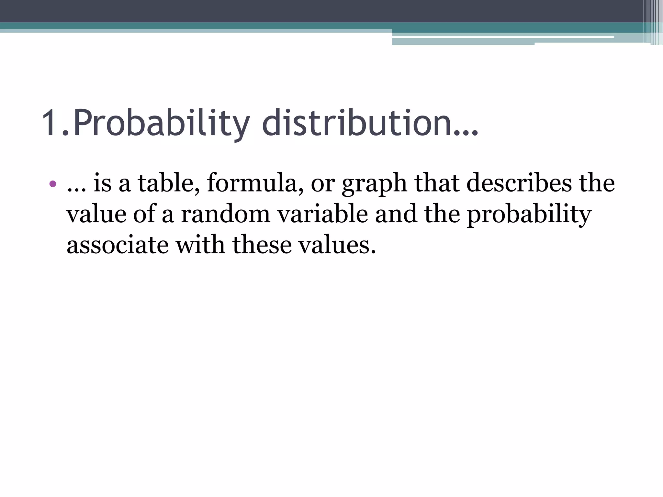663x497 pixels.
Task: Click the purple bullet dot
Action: [53, 184]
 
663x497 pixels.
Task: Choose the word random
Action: [225, 214]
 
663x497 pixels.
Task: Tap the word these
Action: [262, 245]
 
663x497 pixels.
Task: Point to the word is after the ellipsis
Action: [102, 183]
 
